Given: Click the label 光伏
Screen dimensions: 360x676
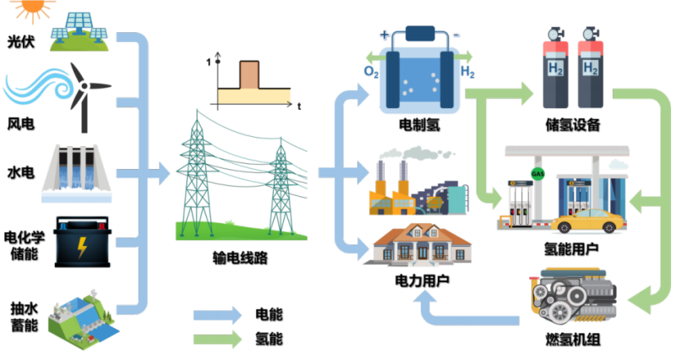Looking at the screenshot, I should tap(21, 40).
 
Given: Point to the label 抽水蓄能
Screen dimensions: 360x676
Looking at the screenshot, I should tap(21, 319).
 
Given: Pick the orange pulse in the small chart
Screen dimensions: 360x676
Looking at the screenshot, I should tap(251, 74).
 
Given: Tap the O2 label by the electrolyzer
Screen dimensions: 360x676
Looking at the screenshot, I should tap(371, 73).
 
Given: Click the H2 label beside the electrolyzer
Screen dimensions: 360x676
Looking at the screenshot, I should tap(467, 73).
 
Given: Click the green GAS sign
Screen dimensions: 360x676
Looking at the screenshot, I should tap(538, 174).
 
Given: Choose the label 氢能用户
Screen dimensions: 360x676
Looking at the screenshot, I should tap(571, 249).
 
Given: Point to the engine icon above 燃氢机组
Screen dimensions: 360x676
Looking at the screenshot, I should tap(572, 299).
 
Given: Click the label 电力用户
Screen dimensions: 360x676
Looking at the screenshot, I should tap(417, 278).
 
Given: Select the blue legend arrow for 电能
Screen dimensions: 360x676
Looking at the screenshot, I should tap(219, 315).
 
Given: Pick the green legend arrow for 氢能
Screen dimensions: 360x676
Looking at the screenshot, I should tap(219, 340).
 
